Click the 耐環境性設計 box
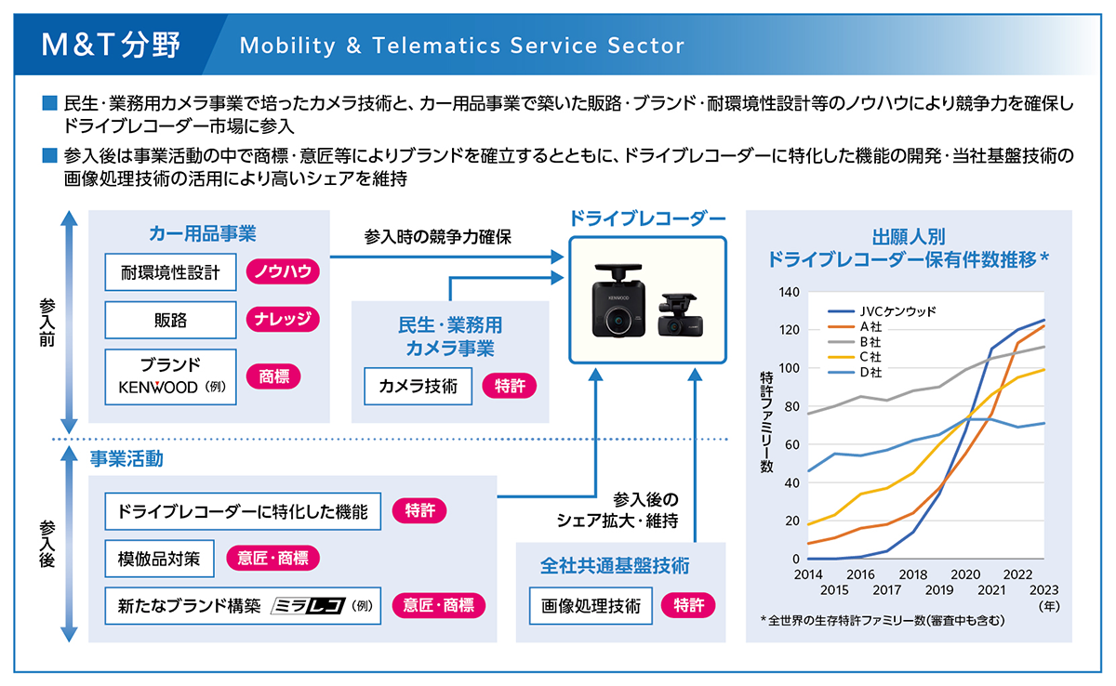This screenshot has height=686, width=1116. click(170, 272)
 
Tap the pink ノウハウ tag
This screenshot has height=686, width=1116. click(283, 272)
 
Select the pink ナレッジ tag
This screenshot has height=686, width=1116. click(283, 320)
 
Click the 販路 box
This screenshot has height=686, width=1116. click(170, 320)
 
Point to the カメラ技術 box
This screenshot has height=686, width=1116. click(418, 387)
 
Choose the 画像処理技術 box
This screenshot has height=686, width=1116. click(591, 606)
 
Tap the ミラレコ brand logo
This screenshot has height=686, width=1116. click(308, 606)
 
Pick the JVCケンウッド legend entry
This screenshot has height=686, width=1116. click(884, 311)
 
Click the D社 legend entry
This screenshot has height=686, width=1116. click(870, 372)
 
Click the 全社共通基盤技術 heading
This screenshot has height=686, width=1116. click(615, 564)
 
